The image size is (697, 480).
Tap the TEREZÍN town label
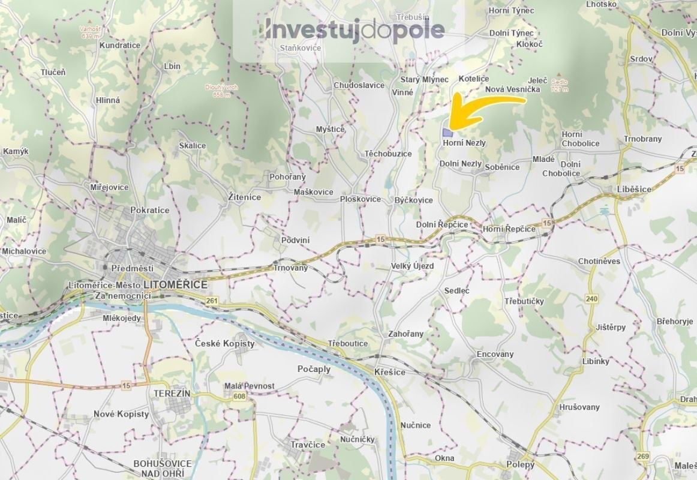point(172,393)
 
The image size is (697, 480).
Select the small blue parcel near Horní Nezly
point(447,133)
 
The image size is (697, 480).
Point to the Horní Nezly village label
point(464,143)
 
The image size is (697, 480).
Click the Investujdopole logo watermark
point(354,30)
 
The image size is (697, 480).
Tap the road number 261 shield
point(211,301)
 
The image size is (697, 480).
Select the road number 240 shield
point(592,299)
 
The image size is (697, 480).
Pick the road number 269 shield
point(643,457)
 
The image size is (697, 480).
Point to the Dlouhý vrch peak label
point(221,91)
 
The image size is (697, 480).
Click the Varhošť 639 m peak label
point(90,32)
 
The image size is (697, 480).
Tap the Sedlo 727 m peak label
point(559,85)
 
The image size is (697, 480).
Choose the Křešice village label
point(389,372)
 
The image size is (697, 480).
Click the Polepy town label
point(519,464)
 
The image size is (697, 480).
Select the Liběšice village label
point(633,189)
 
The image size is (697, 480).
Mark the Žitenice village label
point(245,196)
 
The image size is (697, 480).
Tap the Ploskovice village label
point(360,199)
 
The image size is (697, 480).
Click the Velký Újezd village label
point(411,266)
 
